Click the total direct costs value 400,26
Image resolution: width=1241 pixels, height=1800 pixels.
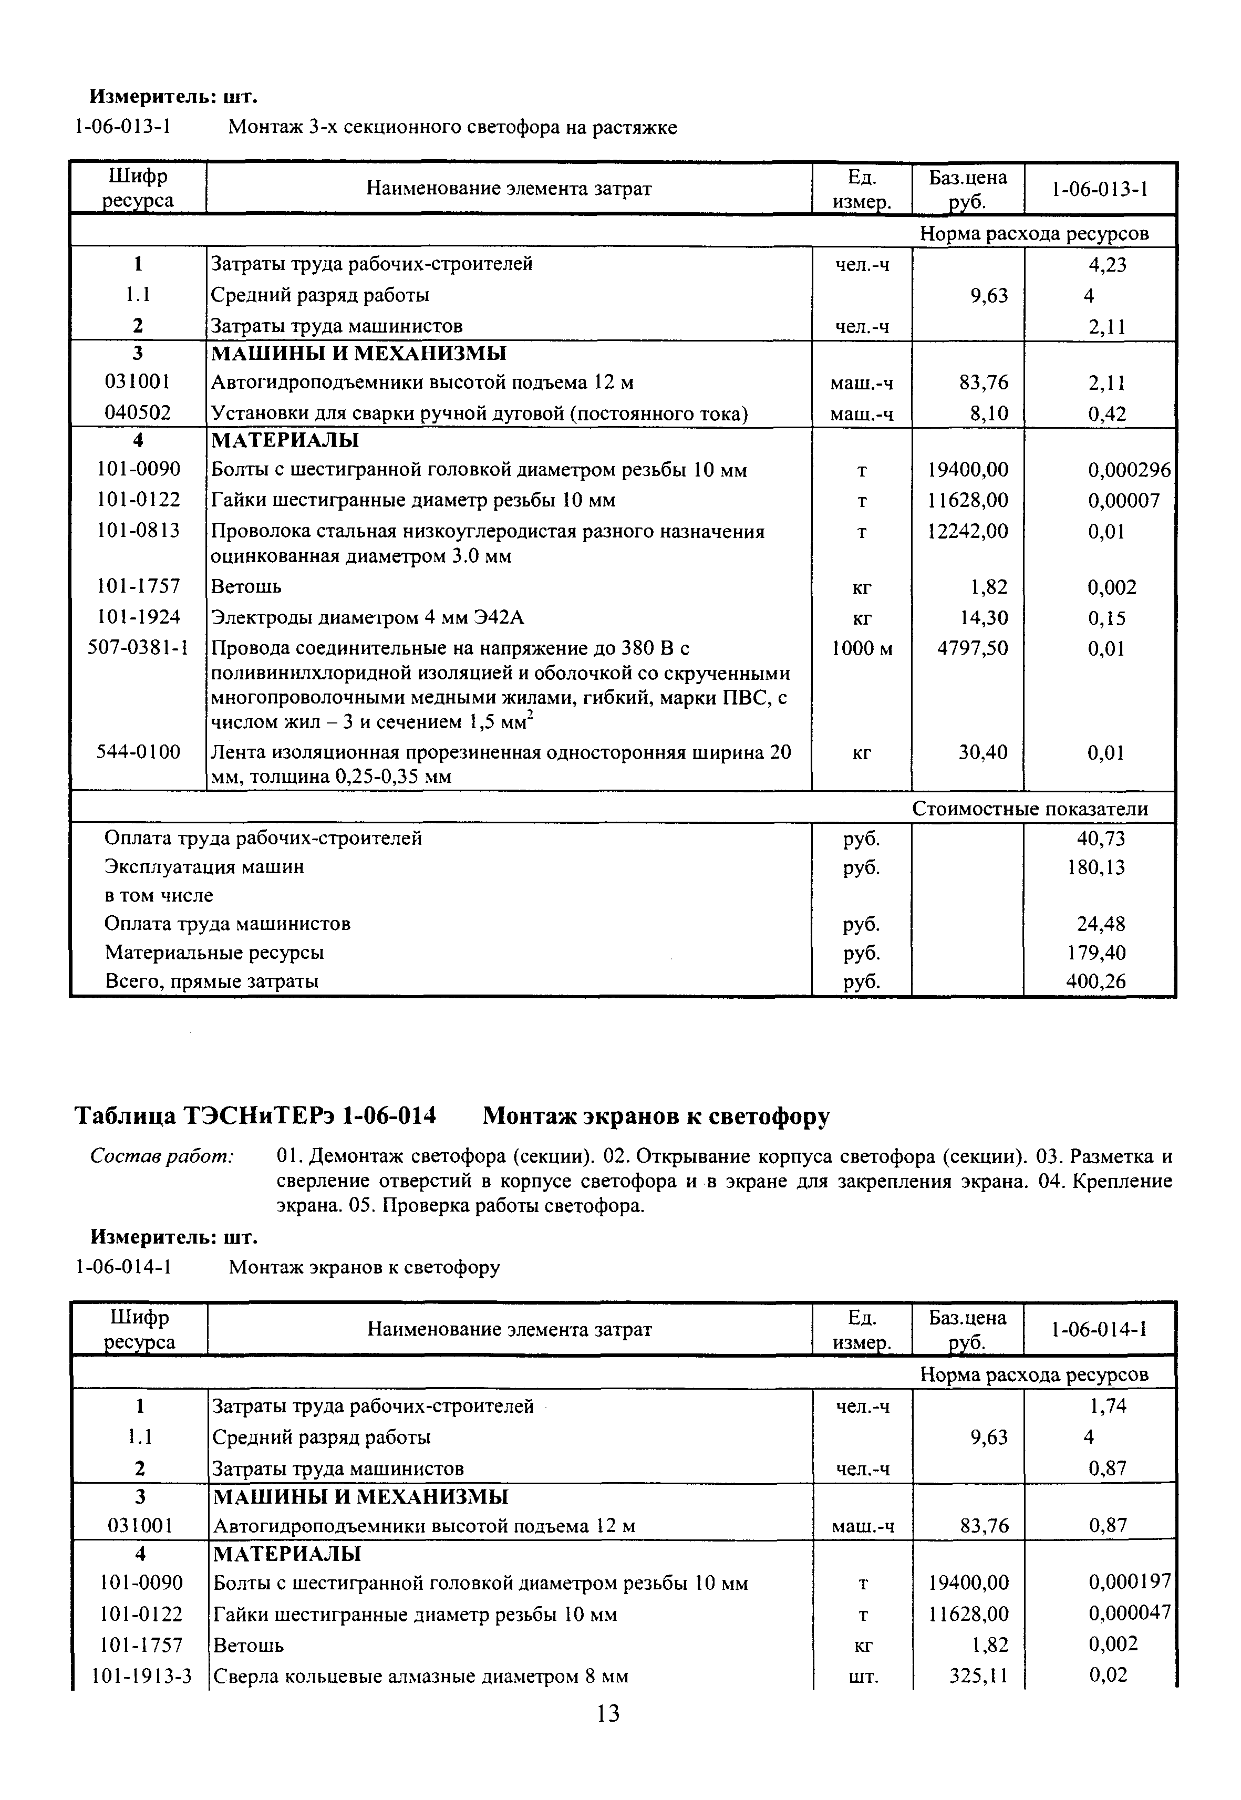[1095, 981]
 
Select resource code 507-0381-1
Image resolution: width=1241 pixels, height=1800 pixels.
[138, 648]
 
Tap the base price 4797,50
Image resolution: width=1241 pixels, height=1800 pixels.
[968, 648]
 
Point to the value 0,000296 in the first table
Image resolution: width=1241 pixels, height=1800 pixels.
[1128, 470]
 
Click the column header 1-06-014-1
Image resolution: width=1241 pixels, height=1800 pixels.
[1100, 1330]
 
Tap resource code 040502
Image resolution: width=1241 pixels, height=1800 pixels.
[138, 413]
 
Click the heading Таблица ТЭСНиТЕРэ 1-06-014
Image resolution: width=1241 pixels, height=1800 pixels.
[255, 1116]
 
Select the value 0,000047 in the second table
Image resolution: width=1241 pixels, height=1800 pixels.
[1128, 1613]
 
